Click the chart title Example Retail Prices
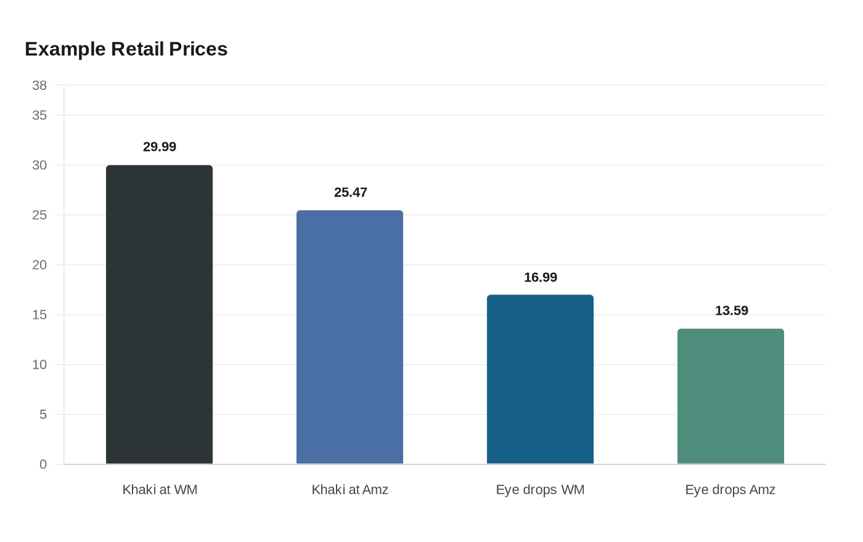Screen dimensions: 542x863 (126, 49)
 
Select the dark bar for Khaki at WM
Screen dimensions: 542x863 (159, 314)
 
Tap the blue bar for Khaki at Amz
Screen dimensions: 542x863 (350, 337)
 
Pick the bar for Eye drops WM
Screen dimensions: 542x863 (540, 379)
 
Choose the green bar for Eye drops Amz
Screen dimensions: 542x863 (730, 396)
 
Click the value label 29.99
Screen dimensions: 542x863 (160, 147)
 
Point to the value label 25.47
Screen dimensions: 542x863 (350, 192)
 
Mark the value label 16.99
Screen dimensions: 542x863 (541, 277)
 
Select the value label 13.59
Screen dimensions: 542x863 (731, 310)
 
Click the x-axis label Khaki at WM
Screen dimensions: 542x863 (160, 490)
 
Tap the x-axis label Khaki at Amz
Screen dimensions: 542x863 (350, 490)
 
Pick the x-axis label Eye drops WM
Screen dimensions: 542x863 (540, 490)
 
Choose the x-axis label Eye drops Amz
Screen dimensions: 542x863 (730, 490)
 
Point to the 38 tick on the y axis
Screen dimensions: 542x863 (39, 86)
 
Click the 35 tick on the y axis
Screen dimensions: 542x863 (39, 115)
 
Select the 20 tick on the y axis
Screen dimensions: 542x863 (39, 265)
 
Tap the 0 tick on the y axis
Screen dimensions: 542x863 (43, 464)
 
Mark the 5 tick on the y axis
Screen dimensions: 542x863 (43, 415)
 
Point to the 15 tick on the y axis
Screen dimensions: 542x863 (39, 315)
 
